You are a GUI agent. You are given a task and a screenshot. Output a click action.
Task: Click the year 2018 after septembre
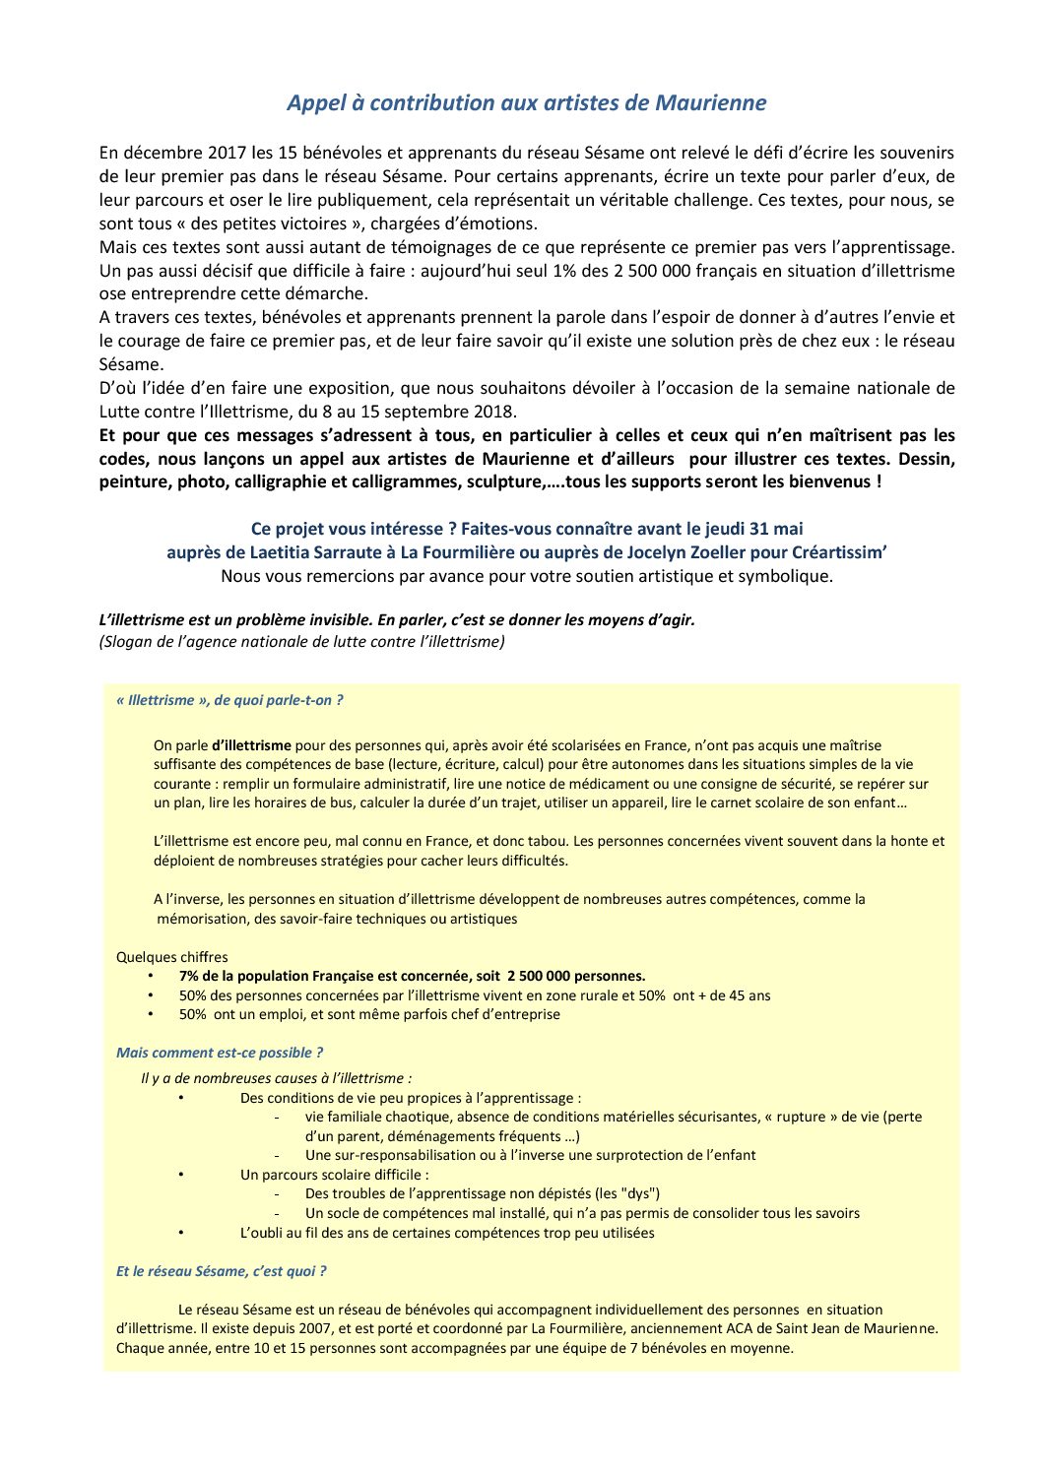click(x=495, y=412)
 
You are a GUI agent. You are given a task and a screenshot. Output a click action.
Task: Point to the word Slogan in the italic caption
click(x=128, y=642)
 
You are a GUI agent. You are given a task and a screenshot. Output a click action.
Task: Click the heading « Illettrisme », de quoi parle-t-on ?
click(x=229, y=700)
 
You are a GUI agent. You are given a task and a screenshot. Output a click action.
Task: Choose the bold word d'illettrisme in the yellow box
click(x=251, y=745)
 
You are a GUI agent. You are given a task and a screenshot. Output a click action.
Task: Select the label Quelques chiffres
click(x=171, y=957)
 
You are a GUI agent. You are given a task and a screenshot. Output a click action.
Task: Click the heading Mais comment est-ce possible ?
click(x=220, y=1053)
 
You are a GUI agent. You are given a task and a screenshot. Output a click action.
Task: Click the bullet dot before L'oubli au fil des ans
click(x=181, y=1232)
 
